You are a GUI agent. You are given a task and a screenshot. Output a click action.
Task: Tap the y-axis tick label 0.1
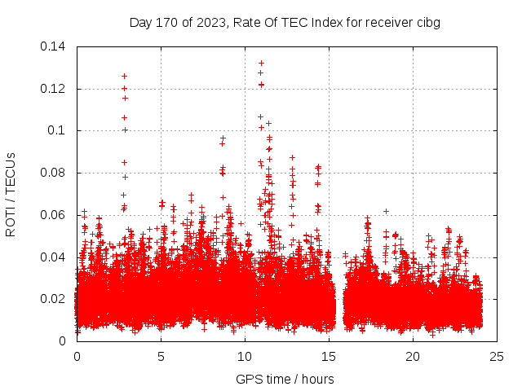[59, 130]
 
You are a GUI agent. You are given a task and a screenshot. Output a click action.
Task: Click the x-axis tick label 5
[161, 357]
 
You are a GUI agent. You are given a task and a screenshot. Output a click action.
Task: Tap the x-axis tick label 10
[245, 357]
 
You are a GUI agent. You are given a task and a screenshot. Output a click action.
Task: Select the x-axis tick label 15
[329, 357]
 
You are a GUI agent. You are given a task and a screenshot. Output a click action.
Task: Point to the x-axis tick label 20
[413, 357]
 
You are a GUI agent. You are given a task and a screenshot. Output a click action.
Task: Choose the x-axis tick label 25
[497, 357]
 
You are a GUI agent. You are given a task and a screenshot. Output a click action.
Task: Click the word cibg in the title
[428, 23]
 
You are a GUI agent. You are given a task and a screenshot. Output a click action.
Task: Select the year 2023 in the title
[210, 23]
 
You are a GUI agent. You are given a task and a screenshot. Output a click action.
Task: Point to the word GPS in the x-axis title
[248, 379]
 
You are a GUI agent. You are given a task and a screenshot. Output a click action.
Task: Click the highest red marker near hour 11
[261, 63]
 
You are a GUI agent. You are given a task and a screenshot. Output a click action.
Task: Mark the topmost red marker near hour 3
[124, 76]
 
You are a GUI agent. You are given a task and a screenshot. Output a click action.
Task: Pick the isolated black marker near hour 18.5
[386, 212]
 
